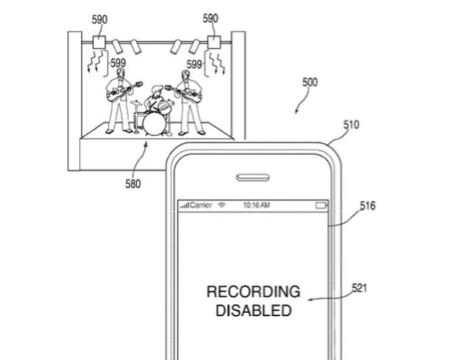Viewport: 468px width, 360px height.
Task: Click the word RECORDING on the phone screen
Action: point(252,292)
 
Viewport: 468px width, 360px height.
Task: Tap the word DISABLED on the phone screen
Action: point(252,311)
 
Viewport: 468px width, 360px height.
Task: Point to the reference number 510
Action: point(352,125)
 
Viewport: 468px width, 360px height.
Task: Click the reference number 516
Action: point(368,206)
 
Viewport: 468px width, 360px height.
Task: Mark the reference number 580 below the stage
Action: point(132,183)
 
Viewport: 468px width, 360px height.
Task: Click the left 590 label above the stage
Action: point(99,19)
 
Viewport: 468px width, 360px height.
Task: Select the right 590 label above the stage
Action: point(210,18)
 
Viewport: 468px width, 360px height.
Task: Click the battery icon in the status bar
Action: point(321,205)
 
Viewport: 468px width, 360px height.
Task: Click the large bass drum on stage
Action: point(155,122)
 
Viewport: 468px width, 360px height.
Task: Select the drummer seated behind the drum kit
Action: point(155,100)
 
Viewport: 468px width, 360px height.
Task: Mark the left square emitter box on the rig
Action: point(99,42)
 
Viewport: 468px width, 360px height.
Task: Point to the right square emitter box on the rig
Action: point(214,42)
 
